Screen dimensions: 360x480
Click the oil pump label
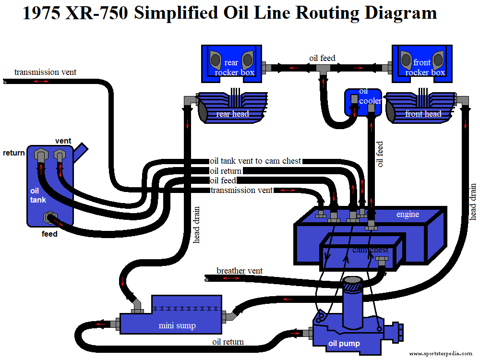tap(344, 343)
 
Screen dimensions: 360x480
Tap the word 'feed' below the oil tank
tap(49, 234)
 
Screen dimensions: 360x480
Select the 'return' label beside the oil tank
tap(14, 153)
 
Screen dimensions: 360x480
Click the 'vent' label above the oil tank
tap(63, 141)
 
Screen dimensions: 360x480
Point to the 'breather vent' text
tap(240, 271)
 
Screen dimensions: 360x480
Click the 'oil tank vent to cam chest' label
tap(255, 161)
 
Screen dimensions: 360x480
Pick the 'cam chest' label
tap(370, 250)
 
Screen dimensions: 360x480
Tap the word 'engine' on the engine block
tap(408, 214)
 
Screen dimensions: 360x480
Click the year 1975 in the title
tap(41, 13)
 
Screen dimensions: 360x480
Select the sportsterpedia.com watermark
tap(441, 354)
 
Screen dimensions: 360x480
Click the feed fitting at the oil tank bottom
tap(49, 218)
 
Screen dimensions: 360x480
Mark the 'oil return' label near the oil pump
tap(228, 342)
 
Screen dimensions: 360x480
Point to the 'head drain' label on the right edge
tap(473, 202)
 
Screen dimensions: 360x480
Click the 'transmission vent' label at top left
tap(45, 72)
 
